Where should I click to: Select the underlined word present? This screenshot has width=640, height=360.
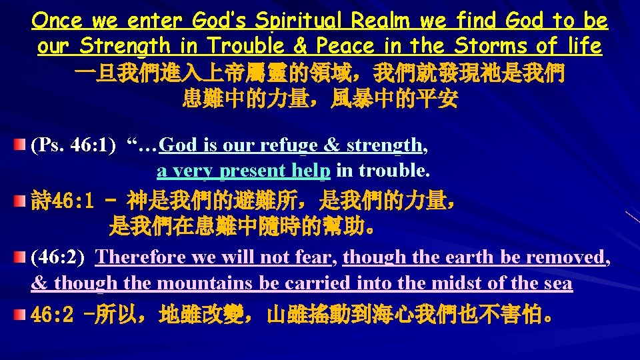[256, 171]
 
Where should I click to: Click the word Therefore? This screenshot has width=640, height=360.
[141, 257]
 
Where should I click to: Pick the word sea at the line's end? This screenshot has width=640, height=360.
[557, 283]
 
